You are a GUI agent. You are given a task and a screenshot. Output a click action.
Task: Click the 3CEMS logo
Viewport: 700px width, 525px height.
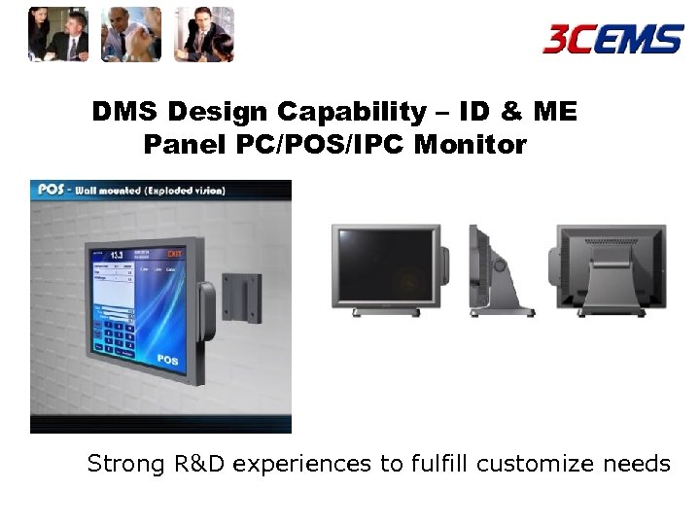pos(612,39)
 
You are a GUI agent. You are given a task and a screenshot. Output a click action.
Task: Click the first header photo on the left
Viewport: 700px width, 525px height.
pos(58,35)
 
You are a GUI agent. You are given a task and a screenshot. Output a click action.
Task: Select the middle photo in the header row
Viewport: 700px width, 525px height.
pos(131,35)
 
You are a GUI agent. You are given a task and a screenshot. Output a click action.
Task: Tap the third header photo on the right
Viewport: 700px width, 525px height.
pos(204,35)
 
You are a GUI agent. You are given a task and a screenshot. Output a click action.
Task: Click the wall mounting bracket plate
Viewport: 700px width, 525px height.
pos(240,297)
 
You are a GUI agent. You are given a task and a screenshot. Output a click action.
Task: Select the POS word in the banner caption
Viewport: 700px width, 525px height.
pos(51,190)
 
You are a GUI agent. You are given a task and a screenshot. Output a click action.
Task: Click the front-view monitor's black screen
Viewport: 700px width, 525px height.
pos(387,265)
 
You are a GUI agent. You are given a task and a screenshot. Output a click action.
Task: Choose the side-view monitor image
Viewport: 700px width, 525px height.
pos(500,270)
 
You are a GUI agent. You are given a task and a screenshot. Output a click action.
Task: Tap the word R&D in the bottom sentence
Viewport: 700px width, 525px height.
pos(199,464)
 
